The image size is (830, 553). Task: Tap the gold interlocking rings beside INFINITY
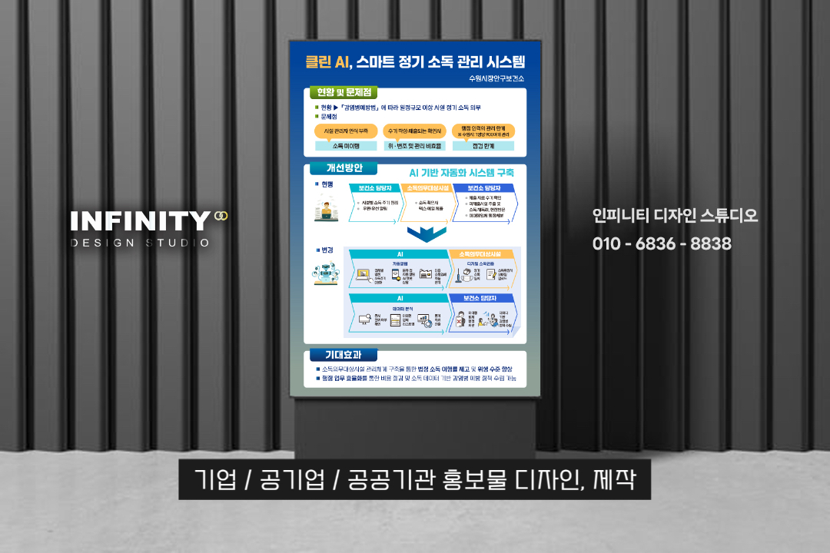point(221,216)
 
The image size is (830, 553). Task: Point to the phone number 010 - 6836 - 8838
point(662,243)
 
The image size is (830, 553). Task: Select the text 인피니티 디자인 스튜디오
point(675,216)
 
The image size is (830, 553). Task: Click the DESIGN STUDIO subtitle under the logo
point(140,243)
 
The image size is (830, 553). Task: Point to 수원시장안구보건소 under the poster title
point(496,78)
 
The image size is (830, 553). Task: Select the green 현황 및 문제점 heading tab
point(343,93)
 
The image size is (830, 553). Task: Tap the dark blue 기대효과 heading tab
point(344,355)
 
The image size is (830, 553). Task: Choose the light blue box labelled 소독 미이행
point(346,146)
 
